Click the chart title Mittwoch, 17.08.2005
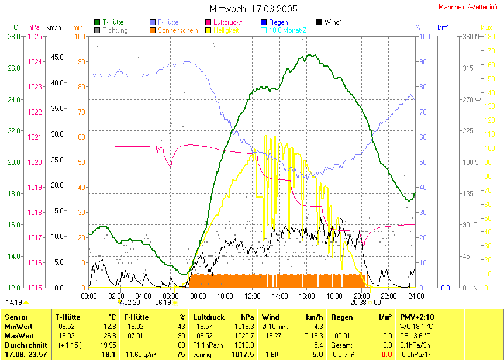(x=253, y=9)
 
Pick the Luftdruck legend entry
(x=225, y=22)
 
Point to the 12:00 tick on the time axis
(x=253, y=296)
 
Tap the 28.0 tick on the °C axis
(x=14, y=37)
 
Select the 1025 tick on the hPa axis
(x=34, y=37)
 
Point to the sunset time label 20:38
(x=358, y=303)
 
